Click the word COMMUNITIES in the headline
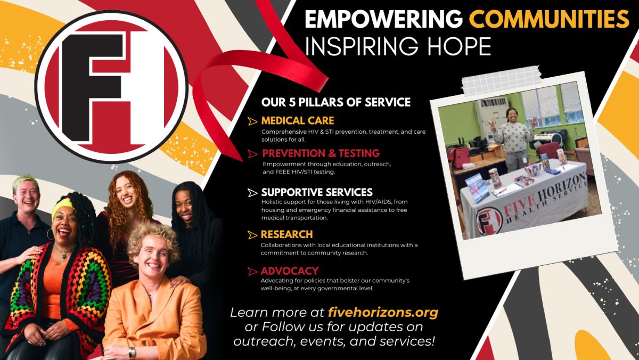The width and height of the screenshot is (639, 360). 550,19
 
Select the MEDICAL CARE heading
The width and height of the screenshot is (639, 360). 298,121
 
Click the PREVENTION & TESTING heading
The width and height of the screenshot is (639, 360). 321,153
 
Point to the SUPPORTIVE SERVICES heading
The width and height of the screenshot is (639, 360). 317,192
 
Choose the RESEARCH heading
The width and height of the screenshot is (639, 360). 286,234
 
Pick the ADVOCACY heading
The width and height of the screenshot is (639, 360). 290,271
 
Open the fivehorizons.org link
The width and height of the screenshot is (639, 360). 383,313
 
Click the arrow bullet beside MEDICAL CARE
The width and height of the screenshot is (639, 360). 252,121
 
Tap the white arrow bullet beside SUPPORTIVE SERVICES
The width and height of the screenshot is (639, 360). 252,193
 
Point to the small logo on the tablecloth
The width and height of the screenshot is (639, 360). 489,221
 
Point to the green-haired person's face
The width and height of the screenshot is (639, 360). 27,197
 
